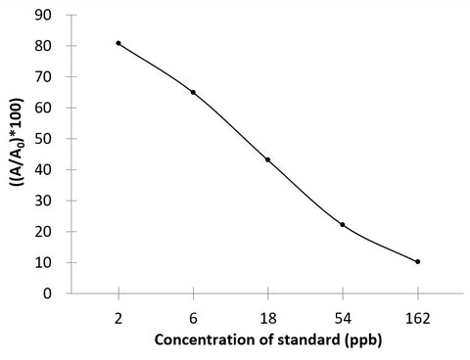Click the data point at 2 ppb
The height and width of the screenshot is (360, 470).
pos(118,43)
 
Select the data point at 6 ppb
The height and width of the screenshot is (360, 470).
pos(193,92)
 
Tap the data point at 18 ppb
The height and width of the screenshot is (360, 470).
pos(267,159)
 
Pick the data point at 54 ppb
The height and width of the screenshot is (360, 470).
pos(343,224)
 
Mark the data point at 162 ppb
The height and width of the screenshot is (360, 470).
pos(417,261)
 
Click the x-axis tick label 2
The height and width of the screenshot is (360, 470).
pos(118,320)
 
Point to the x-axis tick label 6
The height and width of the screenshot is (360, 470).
pos(193,320)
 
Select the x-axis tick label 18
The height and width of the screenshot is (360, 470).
pos(267,320)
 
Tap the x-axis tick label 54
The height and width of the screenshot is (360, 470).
pos(343,320)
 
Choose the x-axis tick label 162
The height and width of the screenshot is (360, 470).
pos(417,320)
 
